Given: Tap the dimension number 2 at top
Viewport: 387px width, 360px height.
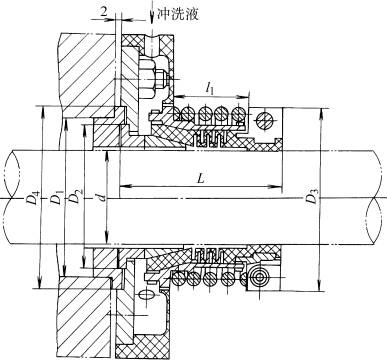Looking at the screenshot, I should tap(106, 11).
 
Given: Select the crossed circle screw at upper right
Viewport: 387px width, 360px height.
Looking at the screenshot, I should tap(264, 121).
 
